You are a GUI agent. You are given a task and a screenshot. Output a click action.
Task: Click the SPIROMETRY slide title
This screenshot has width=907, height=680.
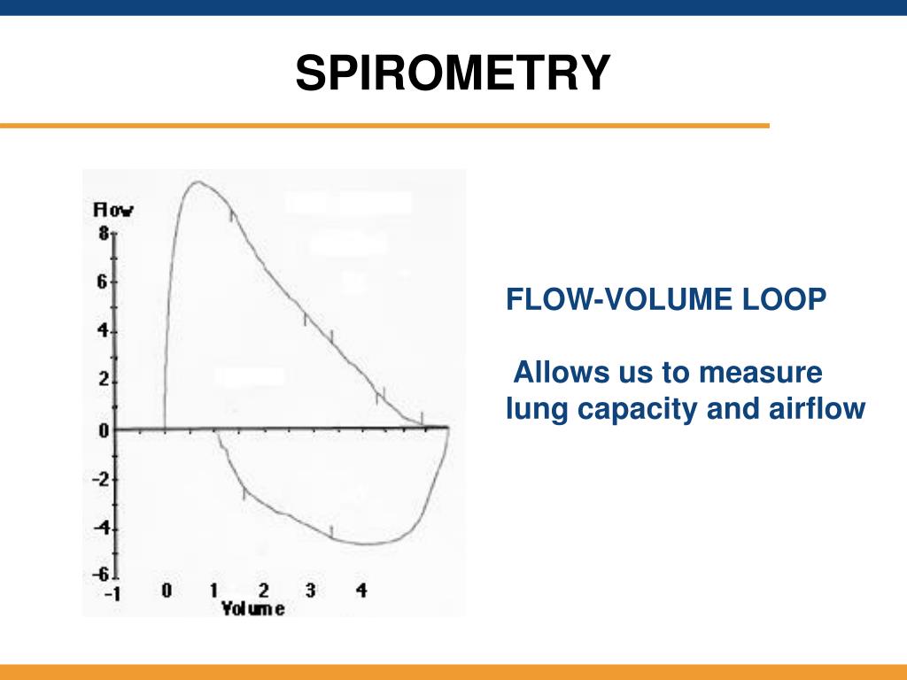click(x=453, y=73)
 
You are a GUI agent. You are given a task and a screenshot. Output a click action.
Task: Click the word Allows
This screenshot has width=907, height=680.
click(x=561, y=372)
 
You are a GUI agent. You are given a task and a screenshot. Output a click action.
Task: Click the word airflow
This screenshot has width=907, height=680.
click(x=817, y=407)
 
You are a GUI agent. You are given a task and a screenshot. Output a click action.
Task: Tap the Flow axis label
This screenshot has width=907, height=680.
click(x=113, y=209)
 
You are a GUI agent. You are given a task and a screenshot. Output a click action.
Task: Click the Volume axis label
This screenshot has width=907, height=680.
click(x=252, y=608)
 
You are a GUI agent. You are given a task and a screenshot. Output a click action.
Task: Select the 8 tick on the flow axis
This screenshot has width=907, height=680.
click(x=104, y=233)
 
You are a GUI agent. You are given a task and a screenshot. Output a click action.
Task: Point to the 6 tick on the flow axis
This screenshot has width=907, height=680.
click(x=103, y=282)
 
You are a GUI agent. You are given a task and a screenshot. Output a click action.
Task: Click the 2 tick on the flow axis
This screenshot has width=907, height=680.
click(x=104, y=380)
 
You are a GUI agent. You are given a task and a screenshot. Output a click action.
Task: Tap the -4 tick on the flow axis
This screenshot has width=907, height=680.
click(x=101, y=528)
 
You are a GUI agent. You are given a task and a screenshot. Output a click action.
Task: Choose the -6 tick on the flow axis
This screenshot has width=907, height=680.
click(x=101, y=574)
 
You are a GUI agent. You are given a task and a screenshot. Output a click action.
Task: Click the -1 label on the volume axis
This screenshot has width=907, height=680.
click(x=112, y=594)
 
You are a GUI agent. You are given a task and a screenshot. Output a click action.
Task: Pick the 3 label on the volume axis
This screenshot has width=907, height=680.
click(x=311, y=591)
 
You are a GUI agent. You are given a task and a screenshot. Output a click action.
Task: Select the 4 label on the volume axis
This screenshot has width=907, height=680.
click(x=361, y=591)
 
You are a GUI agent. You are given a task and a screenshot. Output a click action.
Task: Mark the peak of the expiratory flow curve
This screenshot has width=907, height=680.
click(x=198, y=182)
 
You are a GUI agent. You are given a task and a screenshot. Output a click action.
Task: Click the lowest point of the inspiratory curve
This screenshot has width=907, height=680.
click(x=366, y=544)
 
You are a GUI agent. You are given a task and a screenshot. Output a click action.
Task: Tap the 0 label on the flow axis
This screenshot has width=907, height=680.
click(x=104, y=430)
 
